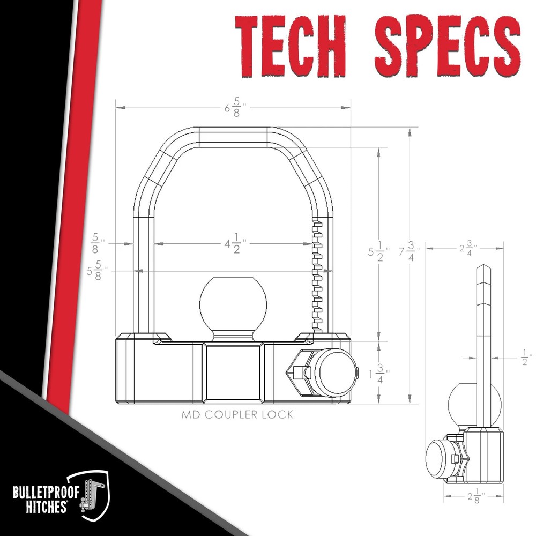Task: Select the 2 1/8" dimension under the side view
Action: [x=473, y=496]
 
